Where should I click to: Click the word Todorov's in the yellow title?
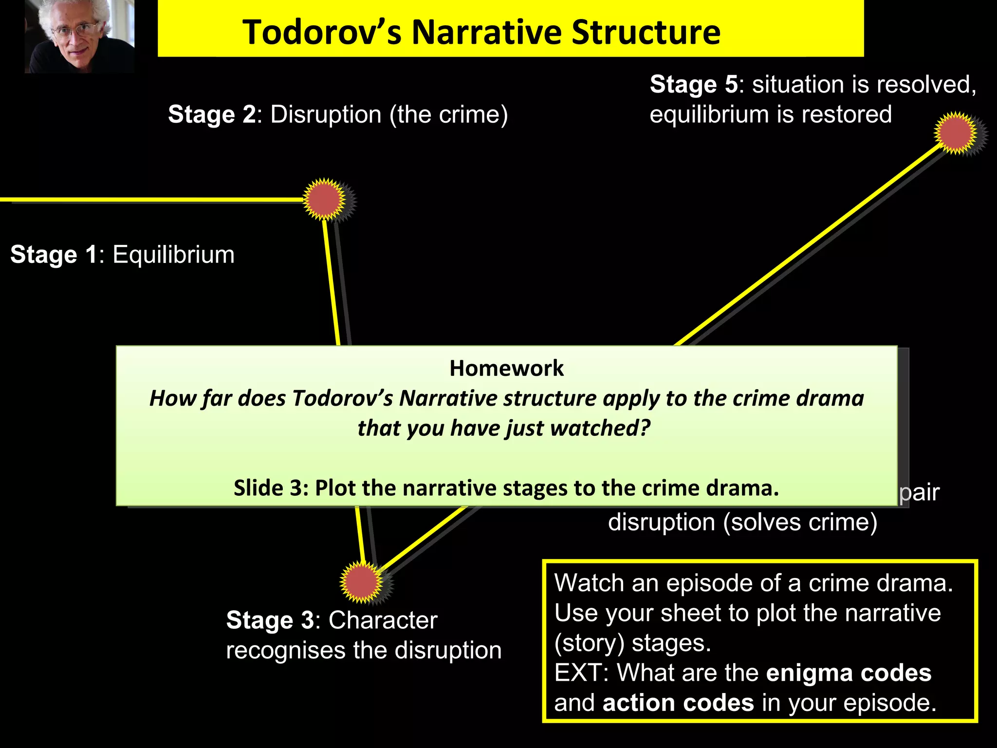(321, 33)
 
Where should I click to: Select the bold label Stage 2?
(212, 115)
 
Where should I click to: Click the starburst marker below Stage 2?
(324, 200)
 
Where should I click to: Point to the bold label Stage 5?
(694, 85)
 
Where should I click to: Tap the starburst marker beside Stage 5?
(955, 133)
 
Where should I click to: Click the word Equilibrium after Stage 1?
(173, 255)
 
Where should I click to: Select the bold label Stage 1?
(54, 255)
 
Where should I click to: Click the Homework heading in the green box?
(506, 368)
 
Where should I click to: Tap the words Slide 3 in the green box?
(271, 488)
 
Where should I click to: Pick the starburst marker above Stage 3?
(361, 582)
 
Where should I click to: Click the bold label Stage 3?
(270, 620)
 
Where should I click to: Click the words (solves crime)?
(799, 523)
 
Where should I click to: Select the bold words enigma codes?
(849, 673)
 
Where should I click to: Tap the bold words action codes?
(678, 703)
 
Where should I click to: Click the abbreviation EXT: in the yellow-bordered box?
(581, 673)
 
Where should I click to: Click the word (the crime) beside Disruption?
(448, 115)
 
